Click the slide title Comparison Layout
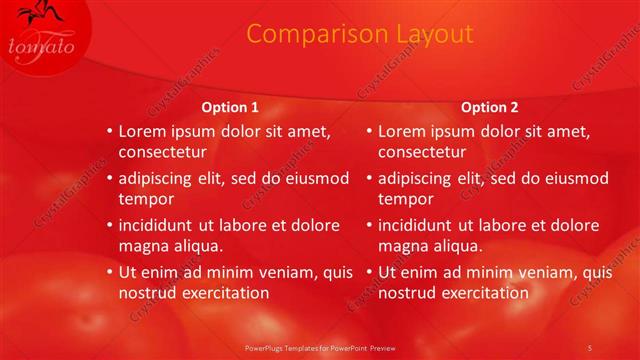[x=359, y=34]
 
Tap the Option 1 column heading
[x=230, y=107]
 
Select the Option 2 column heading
[x=489, y=107]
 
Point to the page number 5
[x=589, y=347]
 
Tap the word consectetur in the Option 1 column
[x=163, y=153]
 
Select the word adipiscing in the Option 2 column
[x=418, y=178]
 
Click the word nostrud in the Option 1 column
[x=148, y=293]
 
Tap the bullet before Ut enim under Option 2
[x=368, y=272]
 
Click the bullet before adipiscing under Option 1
[x=109, y=178]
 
